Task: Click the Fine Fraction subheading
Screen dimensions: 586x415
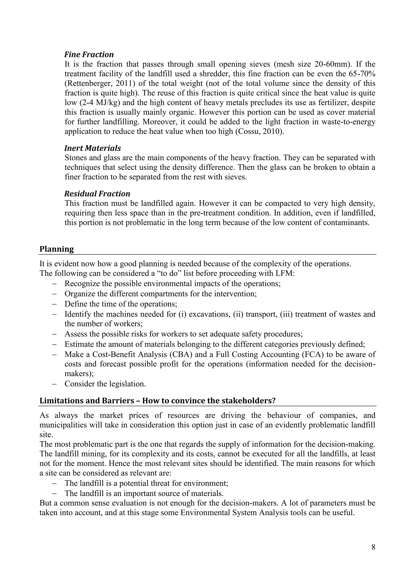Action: click(89, 55)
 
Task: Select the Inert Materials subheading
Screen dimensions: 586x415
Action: click(93, 148)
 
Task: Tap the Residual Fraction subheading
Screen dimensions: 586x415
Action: click(97, 194)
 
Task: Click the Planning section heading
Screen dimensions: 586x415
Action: click(57, 249)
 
